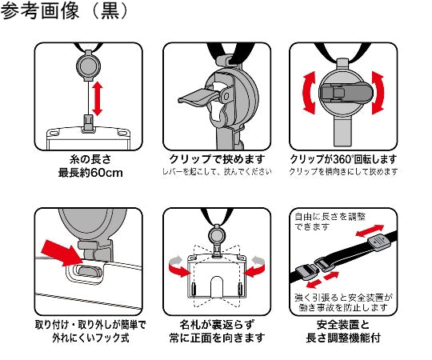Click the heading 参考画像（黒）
(64, 11)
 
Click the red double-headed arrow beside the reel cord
(98, 98)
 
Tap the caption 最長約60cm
(90, 173)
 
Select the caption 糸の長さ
(90, 159)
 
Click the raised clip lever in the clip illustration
(198, 96)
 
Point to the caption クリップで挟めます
(217, 159)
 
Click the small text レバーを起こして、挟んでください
(217, 171)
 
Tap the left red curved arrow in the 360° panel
(309, 92)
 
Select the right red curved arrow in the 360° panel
(378, 93)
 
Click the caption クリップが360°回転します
(343, 159)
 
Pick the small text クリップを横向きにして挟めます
(343, 171)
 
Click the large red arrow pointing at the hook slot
(62, 254)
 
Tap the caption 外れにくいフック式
(90, 338)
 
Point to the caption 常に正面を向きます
(217, 338)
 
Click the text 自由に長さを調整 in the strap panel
(330, 217)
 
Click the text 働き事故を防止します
(343, 308)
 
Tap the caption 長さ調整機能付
(343, 338)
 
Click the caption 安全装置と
(343, 325)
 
